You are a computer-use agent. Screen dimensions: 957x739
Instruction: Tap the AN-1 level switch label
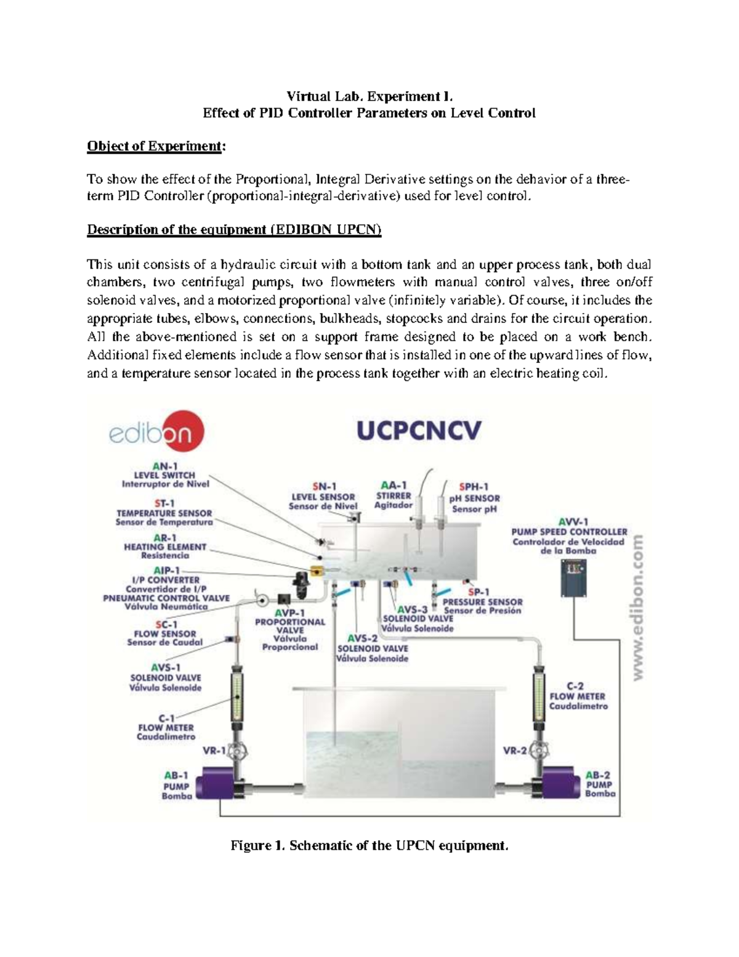165,475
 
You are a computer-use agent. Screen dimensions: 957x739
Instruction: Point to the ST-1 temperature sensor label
164,513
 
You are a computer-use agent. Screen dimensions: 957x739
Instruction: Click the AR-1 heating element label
165,546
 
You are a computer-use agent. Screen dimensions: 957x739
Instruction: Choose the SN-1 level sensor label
323,497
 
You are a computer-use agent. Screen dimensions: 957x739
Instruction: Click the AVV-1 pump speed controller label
569,536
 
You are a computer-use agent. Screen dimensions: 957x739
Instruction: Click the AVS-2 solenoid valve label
372,648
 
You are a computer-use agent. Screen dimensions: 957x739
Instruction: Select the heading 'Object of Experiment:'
156,146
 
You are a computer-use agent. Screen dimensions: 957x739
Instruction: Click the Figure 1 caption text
369,845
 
